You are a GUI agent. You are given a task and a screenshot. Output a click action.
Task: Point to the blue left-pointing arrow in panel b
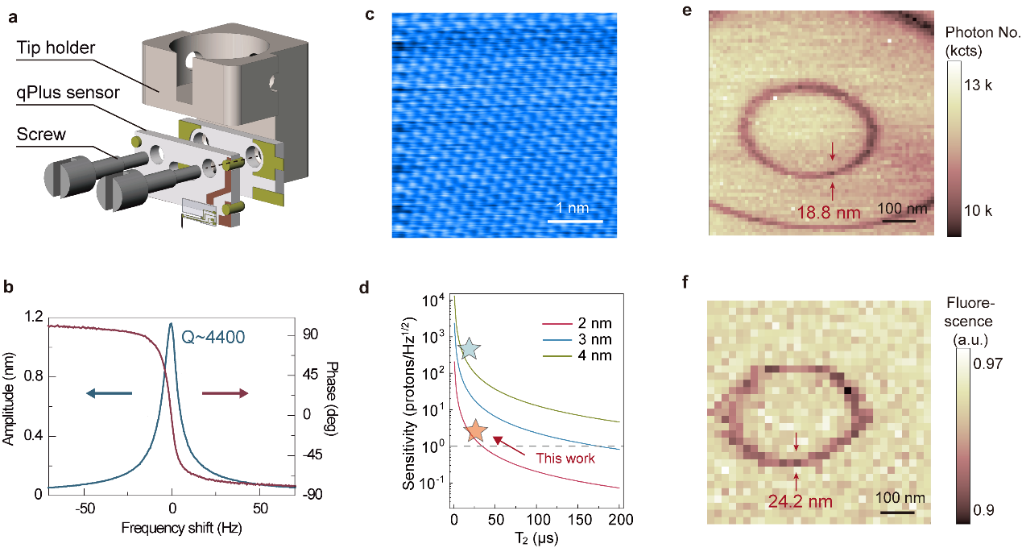tap(110, 393)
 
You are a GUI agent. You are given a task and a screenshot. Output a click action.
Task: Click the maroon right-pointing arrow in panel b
tap(225, 393)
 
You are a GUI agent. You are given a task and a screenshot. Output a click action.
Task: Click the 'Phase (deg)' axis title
tap(329, 403)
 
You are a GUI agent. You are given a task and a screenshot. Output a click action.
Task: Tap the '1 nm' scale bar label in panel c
tap(574, 208)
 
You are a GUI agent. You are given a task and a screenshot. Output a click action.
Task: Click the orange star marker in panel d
tap(476, 431)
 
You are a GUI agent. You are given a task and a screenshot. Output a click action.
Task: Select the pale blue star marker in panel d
tap(470, 348)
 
